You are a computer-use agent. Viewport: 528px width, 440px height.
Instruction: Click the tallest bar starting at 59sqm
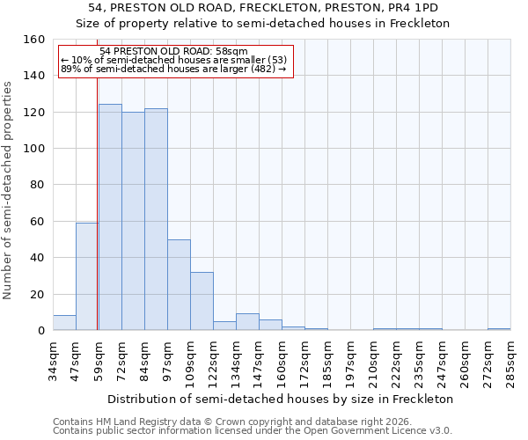click(x=110, y=217)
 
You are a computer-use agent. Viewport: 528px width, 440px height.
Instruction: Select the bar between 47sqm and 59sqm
click(x=87, y=276)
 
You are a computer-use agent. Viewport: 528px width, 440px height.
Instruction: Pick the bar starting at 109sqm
click(x=202, y=301)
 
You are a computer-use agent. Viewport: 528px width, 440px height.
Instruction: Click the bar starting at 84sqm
click(x=156, y=219)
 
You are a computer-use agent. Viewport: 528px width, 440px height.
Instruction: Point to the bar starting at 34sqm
click(x=64, y=323)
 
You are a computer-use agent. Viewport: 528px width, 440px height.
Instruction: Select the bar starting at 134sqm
click(x=247, y=322)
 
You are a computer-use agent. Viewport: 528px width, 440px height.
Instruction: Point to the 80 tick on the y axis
click(x=38, y=185)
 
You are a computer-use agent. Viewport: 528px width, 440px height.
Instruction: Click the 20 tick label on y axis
click(x=38, y=295)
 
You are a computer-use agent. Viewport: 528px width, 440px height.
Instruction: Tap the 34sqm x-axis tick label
click(x=53, y=359)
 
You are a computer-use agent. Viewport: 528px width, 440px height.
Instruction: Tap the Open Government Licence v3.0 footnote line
click(x=253, y=431)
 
